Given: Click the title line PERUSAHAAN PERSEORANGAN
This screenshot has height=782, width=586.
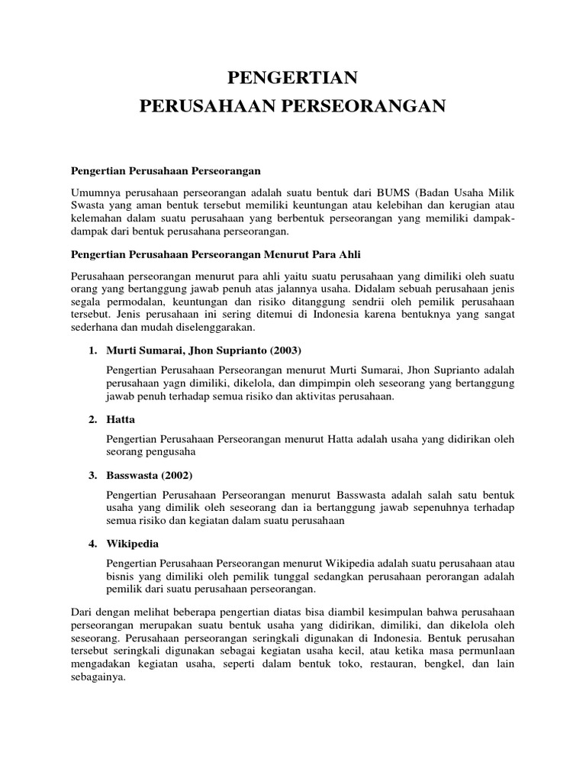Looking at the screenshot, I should coord(292,106).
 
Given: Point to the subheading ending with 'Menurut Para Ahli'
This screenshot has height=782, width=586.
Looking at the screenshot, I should coord(221,253).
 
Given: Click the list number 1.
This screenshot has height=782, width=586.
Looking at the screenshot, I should coord(92,350).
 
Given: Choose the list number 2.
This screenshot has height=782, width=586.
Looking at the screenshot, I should coord(92,419).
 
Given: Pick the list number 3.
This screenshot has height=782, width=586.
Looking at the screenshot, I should coord(92,475).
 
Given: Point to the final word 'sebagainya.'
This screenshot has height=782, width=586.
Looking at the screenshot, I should coord(97,677).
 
